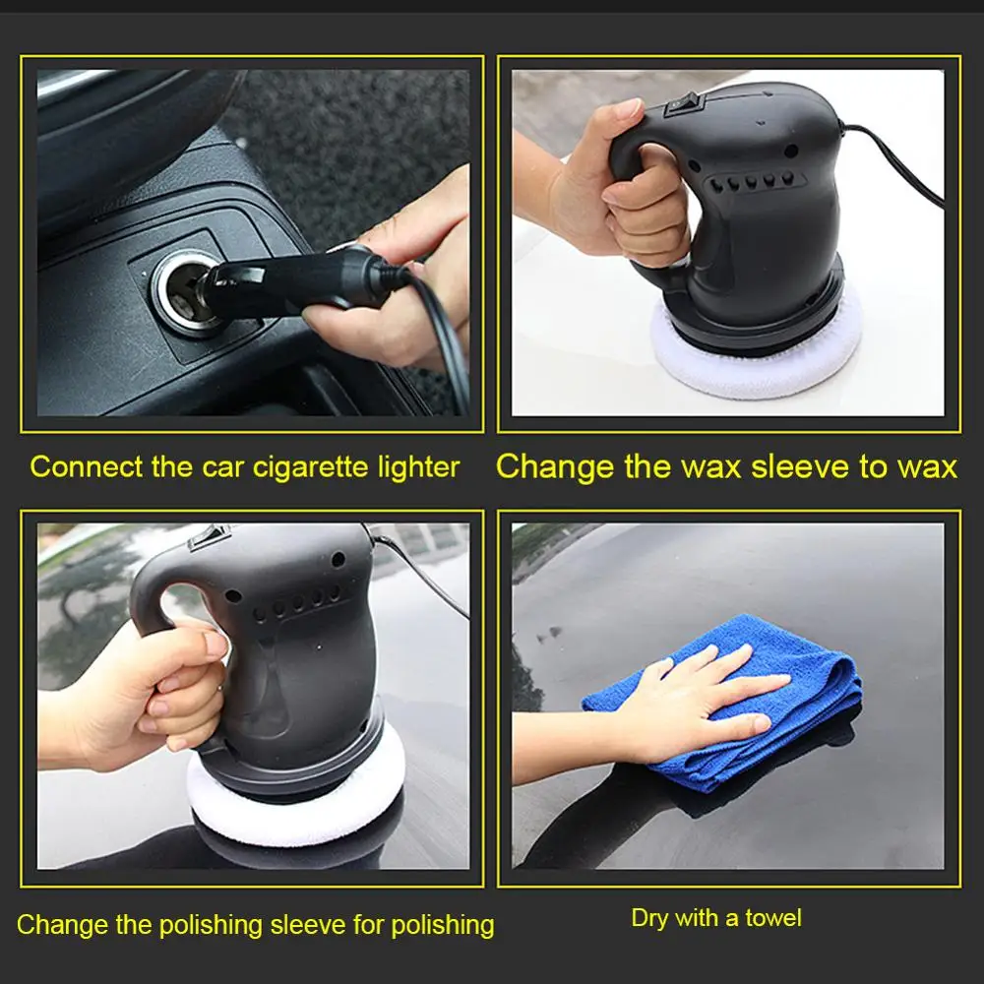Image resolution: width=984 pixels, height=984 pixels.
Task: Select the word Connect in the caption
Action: click(86, 466)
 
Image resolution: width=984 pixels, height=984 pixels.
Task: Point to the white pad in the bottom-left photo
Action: click(296, 797)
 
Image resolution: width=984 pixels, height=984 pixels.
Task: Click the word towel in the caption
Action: click(773, 918)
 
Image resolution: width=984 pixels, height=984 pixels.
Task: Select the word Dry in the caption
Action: click(648, 919)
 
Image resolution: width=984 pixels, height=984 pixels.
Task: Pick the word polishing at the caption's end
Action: click(443, 926)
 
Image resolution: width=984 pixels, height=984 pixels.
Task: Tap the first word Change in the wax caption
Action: click(554, 467)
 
